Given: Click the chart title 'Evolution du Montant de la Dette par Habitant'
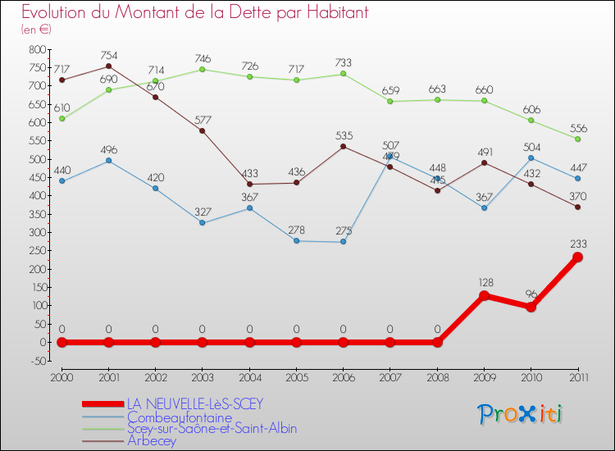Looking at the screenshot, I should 195,13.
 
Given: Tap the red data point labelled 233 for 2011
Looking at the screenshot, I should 577,257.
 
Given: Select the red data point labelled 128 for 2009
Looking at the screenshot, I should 484,295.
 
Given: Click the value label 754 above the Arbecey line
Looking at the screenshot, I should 108,56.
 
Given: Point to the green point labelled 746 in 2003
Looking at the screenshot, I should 203,69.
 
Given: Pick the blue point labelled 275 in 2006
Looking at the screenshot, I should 343,242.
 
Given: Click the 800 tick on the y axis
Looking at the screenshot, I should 37,49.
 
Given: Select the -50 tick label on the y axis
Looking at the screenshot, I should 37,361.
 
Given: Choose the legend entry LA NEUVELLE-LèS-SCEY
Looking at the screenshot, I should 195,404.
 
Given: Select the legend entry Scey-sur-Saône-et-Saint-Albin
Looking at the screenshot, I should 211,428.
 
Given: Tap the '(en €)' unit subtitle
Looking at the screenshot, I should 37,30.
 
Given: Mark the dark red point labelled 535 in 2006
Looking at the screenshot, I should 343,147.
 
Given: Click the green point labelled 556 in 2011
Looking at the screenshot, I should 577,139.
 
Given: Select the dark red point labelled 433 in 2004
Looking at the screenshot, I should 249,184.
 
